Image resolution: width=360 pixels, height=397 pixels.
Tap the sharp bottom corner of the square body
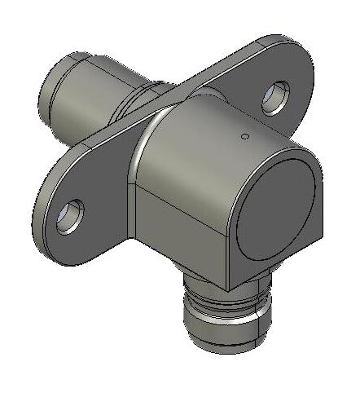point(229,286)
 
